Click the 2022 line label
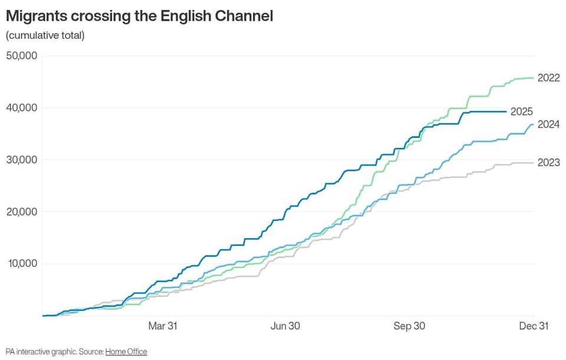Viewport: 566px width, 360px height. click(549, 78)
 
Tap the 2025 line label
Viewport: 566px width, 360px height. click(522, 112)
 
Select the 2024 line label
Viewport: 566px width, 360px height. click(549, 124)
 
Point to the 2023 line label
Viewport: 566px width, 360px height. click(549, 163)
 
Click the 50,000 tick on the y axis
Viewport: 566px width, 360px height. click(22, 55)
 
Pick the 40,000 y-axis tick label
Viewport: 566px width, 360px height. click(22, 107)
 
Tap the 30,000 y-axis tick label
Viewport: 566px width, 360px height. click(22, 160)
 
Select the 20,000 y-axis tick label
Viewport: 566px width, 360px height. click(22, 212)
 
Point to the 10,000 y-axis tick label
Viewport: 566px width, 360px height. click(23, 263)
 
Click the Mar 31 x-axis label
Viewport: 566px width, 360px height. click(163, 326)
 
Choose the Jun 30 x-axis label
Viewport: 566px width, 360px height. click(285, 326)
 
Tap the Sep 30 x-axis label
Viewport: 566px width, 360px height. click(409, 326)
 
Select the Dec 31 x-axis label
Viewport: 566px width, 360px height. click(534, 326)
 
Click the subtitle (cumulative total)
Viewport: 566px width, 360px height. click(45, 35)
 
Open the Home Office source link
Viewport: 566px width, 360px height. click(126, 352)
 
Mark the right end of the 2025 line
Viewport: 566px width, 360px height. click(506, 112)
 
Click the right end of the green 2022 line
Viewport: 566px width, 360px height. click(534, 78)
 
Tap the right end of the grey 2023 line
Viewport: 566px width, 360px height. click(534, 163)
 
